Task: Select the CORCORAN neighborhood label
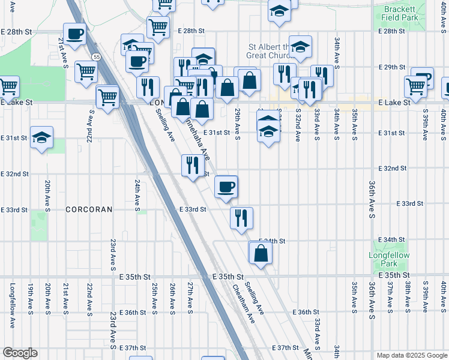[x=88, y=209]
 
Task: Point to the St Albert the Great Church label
[x=268, y=51]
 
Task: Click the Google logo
[x=19, y=353]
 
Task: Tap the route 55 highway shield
[x=96, y=56]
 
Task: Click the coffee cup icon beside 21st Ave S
[x=74, y=34]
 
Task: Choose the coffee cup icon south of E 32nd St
[x=226, y=187]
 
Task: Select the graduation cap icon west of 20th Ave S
[x=41, y=137]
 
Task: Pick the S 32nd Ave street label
[x=298, y=124]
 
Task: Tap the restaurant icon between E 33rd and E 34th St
[x=241, y=218]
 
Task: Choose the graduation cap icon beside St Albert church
[x=300, y=47]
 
